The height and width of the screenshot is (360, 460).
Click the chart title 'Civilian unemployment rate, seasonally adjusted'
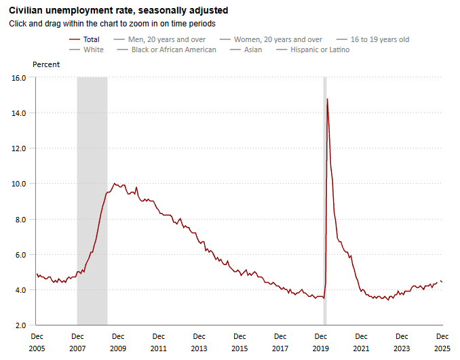tap(118, 11)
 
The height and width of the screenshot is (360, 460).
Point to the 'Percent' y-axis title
tap(46, 64)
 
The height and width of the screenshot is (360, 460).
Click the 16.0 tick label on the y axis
tap(19, 78)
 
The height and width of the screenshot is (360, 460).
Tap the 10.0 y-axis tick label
tap(19, 184)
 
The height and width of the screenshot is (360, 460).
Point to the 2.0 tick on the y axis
tap(22, 325)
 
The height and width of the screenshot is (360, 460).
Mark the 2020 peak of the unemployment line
tap(328, 99)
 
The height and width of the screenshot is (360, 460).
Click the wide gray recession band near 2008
tap(92, 203)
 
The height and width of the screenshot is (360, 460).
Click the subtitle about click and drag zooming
tap(112, 23)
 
